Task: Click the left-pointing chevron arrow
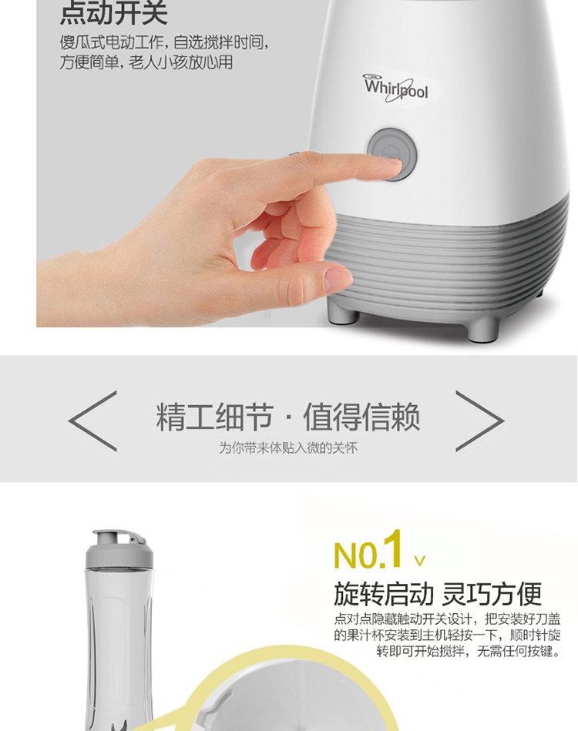point(92,421)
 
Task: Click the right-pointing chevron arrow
point(479,421)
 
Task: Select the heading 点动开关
point(113,13)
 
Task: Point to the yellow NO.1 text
point(368,549)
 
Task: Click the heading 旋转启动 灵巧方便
point(438,593)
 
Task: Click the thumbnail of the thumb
point(338,280)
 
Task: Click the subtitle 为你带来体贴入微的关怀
point(288,448)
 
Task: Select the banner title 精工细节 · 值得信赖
point(287,416)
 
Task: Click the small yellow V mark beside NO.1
point(419,560)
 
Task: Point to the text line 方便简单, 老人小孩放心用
point(146,62)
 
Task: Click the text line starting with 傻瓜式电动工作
point(164,42)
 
